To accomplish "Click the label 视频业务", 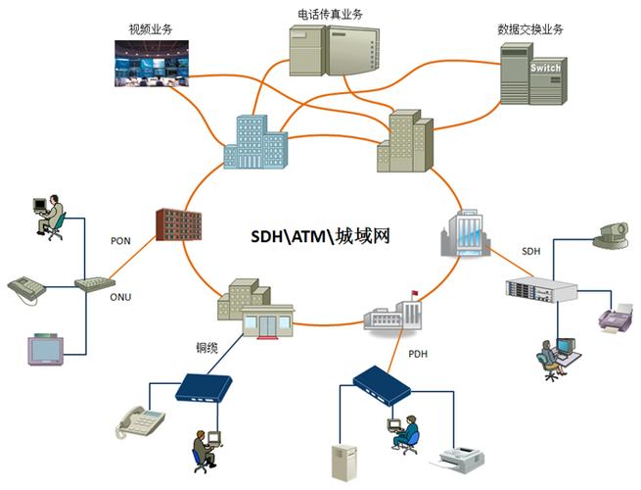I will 150,28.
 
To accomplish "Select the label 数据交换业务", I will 530,28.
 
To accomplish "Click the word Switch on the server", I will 545,68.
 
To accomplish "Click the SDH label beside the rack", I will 530,252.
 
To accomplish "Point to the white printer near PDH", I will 464,456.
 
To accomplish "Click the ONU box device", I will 94,283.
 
